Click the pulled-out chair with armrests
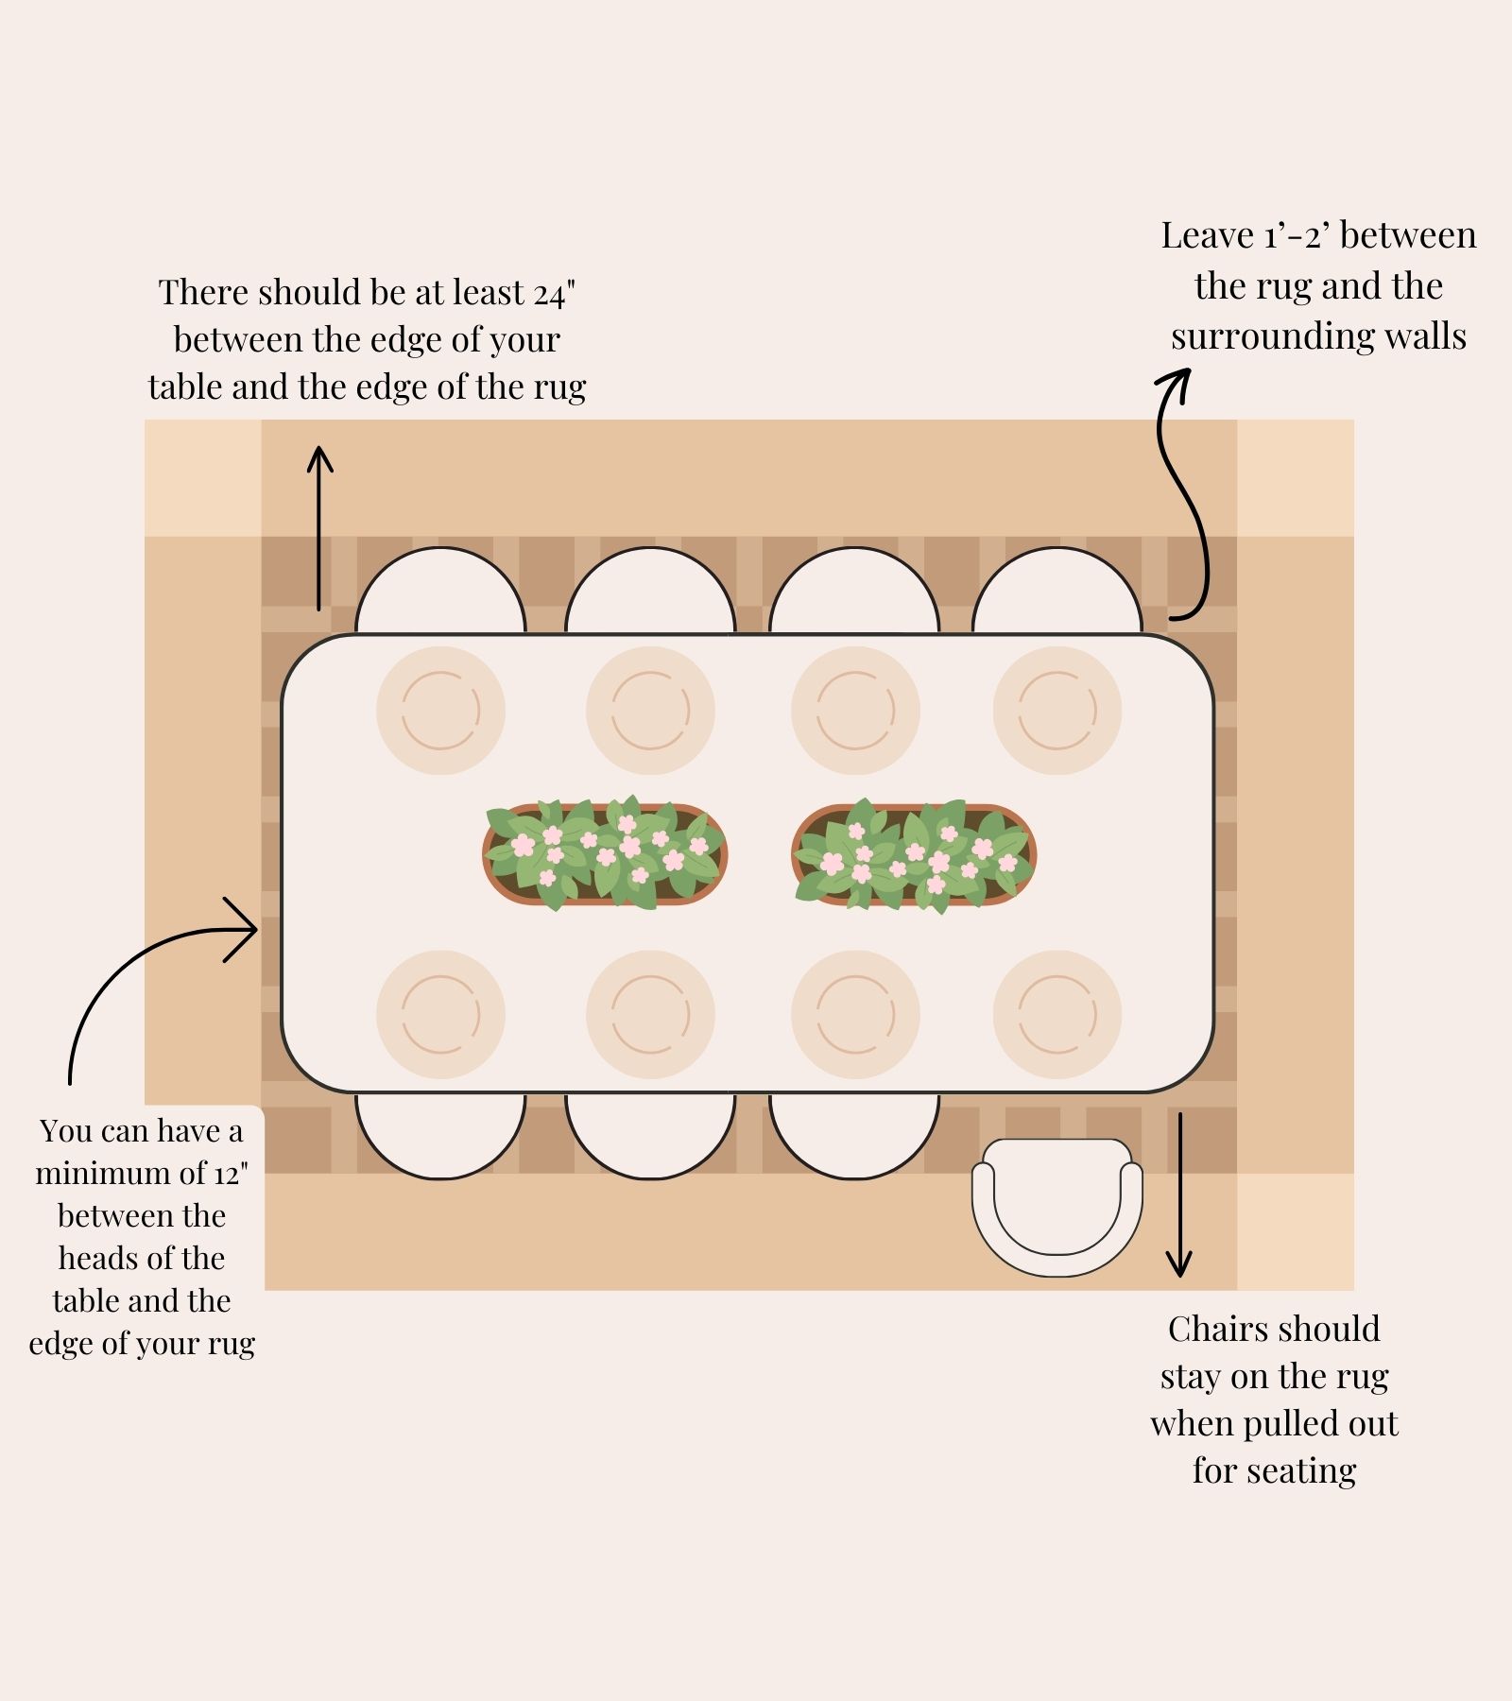coord(1057,1208)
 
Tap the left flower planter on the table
coord(605,853)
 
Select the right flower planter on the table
coord(914,855)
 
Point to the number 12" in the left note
coord(231,1174)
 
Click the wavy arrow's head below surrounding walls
coord(1175,385)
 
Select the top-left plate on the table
coord(440,711)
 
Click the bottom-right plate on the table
coord(1057,1015)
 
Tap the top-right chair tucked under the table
coord(1057,590)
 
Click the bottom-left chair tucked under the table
coord(440,1137)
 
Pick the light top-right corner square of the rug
coord(1296,478)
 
